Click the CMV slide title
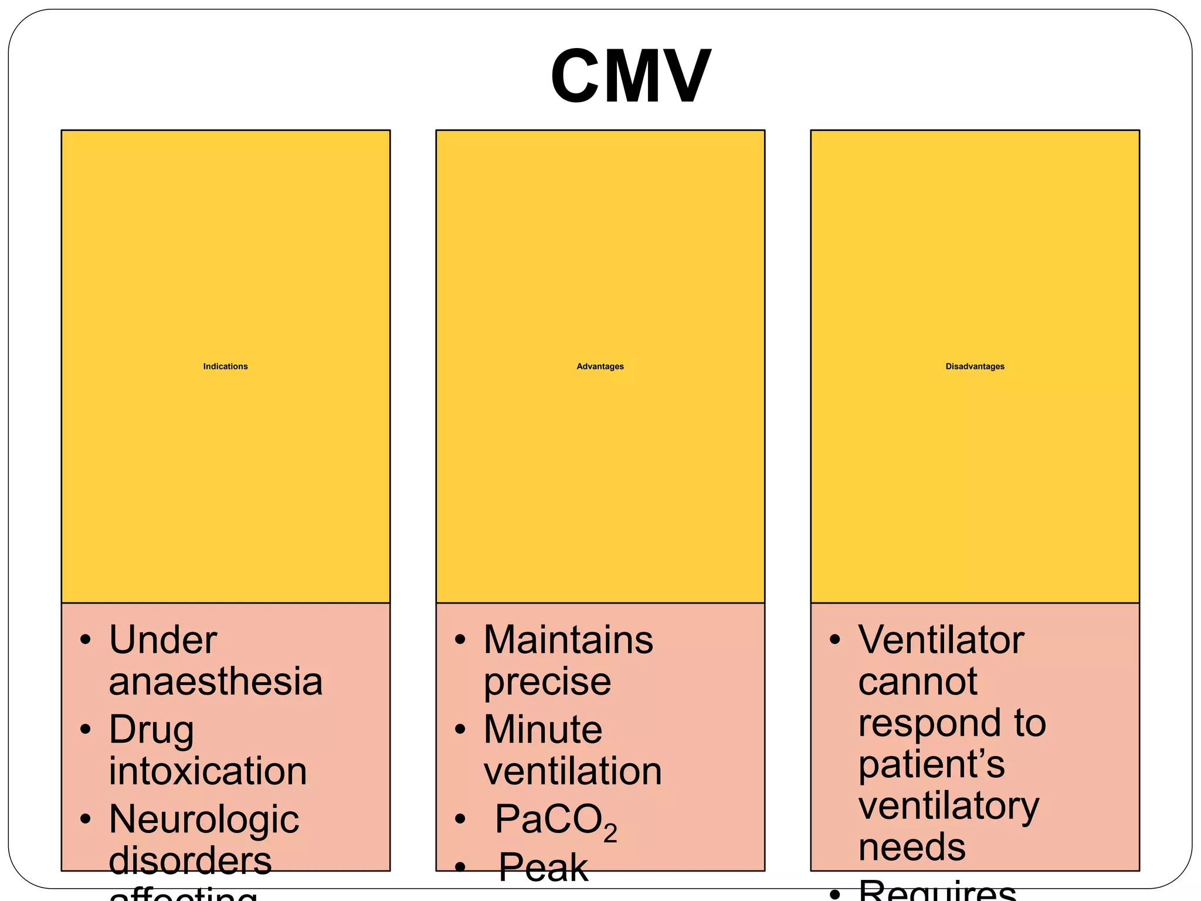[x=630, y=76]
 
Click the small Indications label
[x=225, y=367]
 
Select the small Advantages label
[x=600, y=367]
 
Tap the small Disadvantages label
[x=975, y=367]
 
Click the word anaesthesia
[x=215, y=682]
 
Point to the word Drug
[x=151, y=730]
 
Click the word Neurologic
[x=203, y=819]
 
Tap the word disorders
[x=190, y=861]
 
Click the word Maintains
[x=568, y=640]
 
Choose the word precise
[x=547, y=682]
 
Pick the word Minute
[x=542, y=730]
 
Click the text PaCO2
[x=555, y=821]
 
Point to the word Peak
[x=542, y=867]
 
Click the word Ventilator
[x=941, y=640]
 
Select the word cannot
[x=917, y=682]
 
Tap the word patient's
[x=931, y=764]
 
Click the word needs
[x=911, y=848]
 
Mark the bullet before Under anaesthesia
[x=86, y=640]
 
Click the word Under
[x=162, y=640]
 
